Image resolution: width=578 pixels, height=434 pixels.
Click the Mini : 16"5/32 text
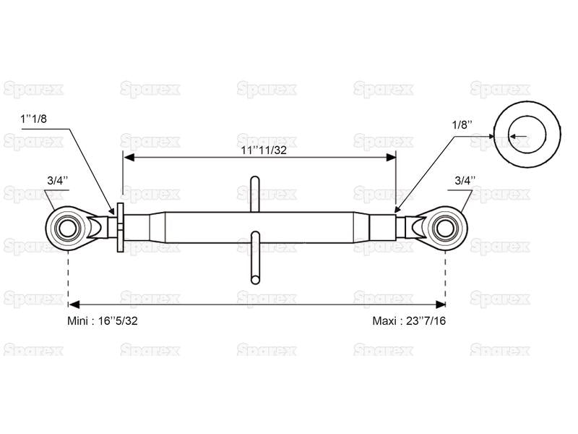pos(100,320)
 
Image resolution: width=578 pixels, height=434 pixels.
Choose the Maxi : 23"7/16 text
pos(409,320)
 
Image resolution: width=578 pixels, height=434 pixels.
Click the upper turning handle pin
pos(254,193)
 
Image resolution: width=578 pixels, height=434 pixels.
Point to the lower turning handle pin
pos(254,258)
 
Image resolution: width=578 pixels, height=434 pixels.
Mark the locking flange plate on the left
pos(121,227)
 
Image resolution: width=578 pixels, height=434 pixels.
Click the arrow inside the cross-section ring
pos(517,135)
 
